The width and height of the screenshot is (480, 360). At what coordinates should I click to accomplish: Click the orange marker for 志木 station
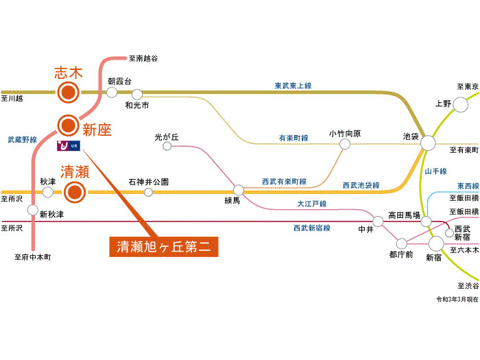pyautogui.click(x=69, y=92)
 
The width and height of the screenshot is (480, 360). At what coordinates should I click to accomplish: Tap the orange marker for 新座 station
pyautogui.click(x=69, y=125)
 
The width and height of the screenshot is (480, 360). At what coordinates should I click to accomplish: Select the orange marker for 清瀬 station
pyautogui.click(x=75, y=192)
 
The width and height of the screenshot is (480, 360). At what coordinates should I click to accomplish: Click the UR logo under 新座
pyautogui.click(x=69, y=145)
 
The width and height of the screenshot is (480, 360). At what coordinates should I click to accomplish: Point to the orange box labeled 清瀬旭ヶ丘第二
pyautogui.click(x=164, y=247)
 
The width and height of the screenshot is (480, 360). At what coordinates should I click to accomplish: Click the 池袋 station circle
pyautogui.click(x=428, y=143)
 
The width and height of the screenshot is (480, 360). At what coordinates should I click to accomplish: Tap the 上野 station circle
pyautogui.click(x=460, y=105)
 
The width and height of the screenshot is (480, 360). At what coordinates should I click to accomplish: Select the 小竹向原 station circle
pyautogui.click(x=345, y=144)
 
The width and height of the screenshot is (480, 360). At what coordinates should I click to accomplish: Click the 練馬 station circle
pyautogui.click(x=239, y=190)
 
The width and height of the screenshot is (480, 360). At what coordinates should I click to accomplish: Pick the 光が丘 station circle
pyautogui.click(x=167, y=146)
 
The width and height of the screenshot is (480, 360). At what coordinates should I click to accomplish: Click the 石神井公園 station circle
pyautogui.click(x=149, y=192)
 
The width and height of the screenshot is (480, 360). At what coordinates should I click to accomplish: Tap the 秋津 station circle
pyautogui.click(x=47, y=192)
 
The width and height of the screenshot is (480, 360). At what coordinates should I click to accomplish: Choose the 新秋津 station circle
pyautogui.click(x=33, y=210)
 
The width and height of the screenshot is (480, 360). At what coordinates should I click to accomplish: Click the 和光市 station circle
pyautogui.click(x=137, y=95)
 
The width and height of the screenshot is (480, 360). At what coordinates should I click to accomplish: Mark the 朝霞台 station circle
pyautogui.click(x=112, y=92)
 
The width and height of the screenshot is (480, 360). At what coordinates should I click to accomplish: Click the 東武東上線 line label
pyautogui.click(x=293, y=86)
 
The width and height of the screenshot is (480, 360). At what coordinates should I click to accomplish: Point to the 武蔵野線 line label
pyautogui.click(x=23, y=140)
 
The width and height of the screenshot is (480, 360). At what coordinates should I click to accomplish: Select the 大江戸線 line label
pyautogui.click(x=312, y=204)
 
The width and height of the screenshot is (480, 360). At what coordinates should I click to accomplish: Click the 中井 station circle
pyautogui.click(x=378, y=221)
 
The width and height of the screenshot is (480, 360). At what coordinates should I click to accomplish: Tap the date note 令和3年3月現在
pyautogui.click(x=457, y=299)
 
